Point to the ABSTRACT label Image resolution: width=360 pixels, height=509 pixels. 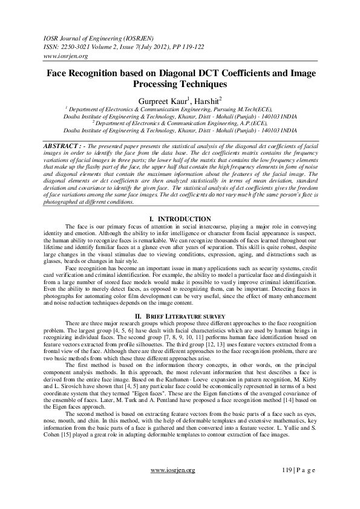click(x=63, y=146)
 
